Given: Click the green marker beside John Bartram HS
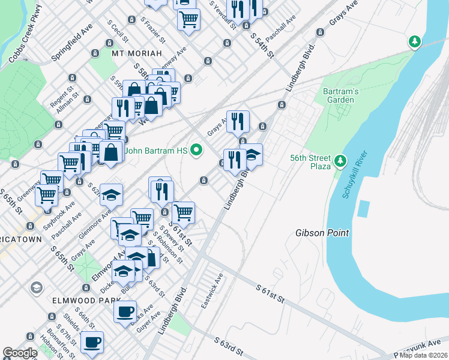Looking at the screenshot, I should point(195,151).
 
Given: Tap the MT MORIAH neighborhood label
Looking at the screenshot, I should point(137,53).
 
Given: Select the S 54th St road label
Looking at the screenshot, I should point(262,46).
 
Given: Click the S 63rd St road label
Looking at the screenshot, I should point(229,345).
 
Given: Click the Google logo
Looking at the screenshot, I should point(20,353).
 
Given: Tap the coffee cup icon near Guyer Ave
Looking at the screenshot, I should point(125,311).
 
